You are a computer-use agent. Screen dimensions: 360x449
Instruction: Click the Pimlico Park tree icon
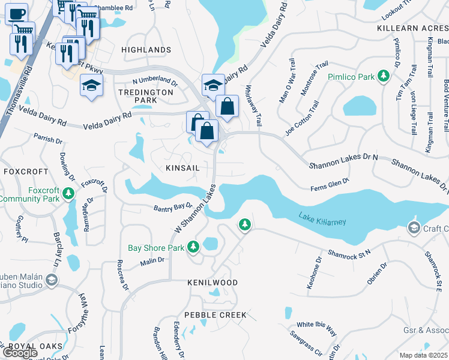pyautogui.click(x=382, y=77)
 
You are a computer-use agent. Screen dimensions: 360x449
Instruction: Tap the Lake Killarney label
pyautogui.click(x=322, y=219)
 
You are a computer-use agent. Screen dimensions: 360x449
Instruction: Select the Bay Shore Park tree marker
pyautogui.click(x=193, y=247)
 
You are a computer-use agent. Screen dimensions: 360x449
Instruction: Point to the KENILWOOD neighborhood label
pyautogui.click(x=212, y=282)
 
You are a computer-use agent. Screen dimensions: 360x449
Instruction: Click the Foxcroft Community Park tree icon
pyautogui.click(x=68, y=193)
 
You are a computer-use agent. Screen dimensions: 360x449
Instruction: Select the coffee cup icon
pyautogui.click(x=17, y=13)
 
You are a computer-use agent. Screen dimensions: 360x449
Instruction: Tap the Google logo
pyautogui.click(x=20, y=352)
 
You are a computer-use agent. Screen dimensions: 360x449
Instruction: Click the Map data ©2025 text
pyautogui.click(x=424, y=355)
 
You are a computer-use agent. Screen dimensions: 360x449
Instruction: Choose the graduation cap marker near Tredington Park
pyautogui.click(x=91, y=86)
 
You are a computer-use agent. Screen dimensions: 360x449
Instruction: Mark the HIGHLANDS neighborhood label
pyautogui.click(x=146, y=50)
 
